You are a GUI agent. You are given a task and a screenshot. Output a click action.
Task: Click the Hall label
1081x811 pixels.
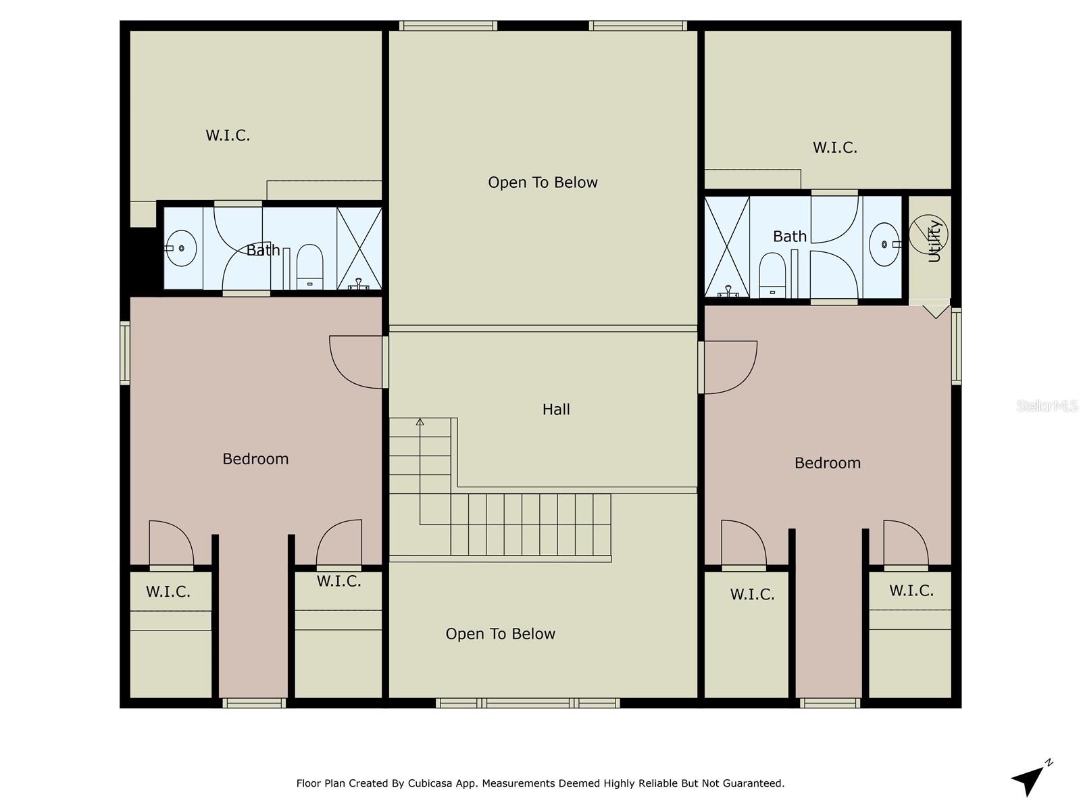point(556,410)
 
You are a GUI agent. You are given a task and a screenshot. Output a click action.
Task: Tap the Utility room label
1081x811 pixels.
point(934,241)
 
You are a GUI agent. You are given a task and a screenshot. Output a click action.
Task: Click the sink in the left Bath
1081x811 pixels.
point(181,248)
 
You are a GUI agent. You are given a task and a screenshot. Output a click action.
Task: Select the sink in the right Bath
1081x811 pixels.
point(884,244)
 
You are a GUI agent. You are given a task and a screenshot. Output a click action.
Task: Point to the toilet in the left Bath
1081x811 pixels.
point(310,266)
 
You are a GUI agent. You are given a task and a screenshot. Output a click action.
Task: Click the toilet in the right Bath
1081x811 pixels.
point(772,274)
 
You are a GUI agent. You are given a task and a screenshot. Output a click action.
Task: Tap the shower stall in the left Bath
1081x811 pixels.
point(359,248)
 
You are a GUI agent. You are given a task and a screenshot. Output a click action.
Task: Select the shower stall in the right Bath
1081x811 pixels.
point(727,247)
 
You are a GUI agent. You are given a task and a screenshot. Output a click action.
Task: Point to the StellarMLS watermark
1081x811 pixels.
point(1047,405)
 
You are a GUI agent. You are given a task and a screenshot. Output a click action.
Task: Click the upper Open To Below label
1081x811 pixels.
point(543,182)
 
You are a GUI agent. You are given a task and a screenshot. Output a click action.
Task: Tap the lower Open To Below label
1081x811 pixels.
point(500,634)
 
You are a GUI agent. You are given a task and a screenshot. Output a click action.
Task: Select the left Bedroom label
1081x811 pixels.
point(255,459)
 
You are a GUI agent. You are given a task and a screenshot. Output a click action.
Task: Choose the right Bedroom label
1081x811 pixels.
point(827,463)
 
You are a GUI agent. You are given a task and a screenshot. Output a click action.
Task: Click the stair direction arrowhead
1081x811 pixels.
point(420,422)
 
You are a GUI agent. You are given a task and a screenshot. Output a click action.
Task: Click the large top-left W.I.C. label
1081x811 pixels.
point(228,135)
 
